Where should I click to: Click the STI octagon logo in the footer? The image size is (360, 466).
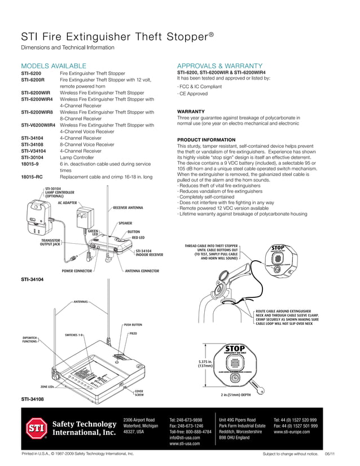tap(34, 428)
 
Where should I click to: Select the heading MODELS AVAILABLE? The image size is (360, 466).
tap(54, 66)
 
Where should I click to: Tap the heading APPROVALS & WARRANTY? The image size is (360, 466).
tap(219, 66)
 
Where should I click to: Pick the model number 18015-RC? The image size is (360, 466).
tap(32, 177)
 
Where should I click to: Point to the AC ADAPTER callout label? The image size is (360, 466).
tap(67, 203)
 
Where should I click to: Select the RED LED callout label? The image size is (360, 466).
tap(138, 238)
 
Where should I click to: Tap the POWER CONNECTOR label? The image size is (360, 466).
tap(76, 271)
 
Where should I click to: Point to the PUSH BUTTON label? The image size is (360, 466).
tap(133, 325)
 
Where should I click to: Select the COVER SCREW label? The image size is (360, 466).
tap(139, 393)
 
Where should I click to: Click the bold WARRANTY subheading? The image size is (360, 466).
tap(191, 111)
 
